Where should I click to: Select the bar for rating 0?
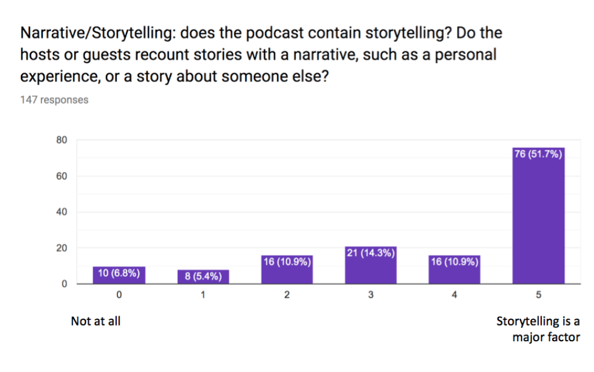pos(119,275)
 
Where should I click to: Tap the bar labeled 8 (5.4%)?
pos(203,277)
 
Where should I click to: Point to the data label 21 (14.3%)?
pos(370,253)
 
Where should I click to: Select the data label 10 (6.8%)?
pos(119,273)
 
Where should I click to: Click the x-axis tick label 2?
pos(287,295)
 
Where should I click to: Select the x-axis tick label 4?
pos(455,295)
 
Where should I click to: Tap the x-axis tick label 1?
pos(203,295)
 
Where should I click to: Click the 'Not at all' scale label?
pos(96,321)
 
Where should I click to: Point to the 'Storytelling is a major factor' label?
pos(538,329)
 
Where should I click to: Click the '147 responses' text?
pos(55,100)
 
